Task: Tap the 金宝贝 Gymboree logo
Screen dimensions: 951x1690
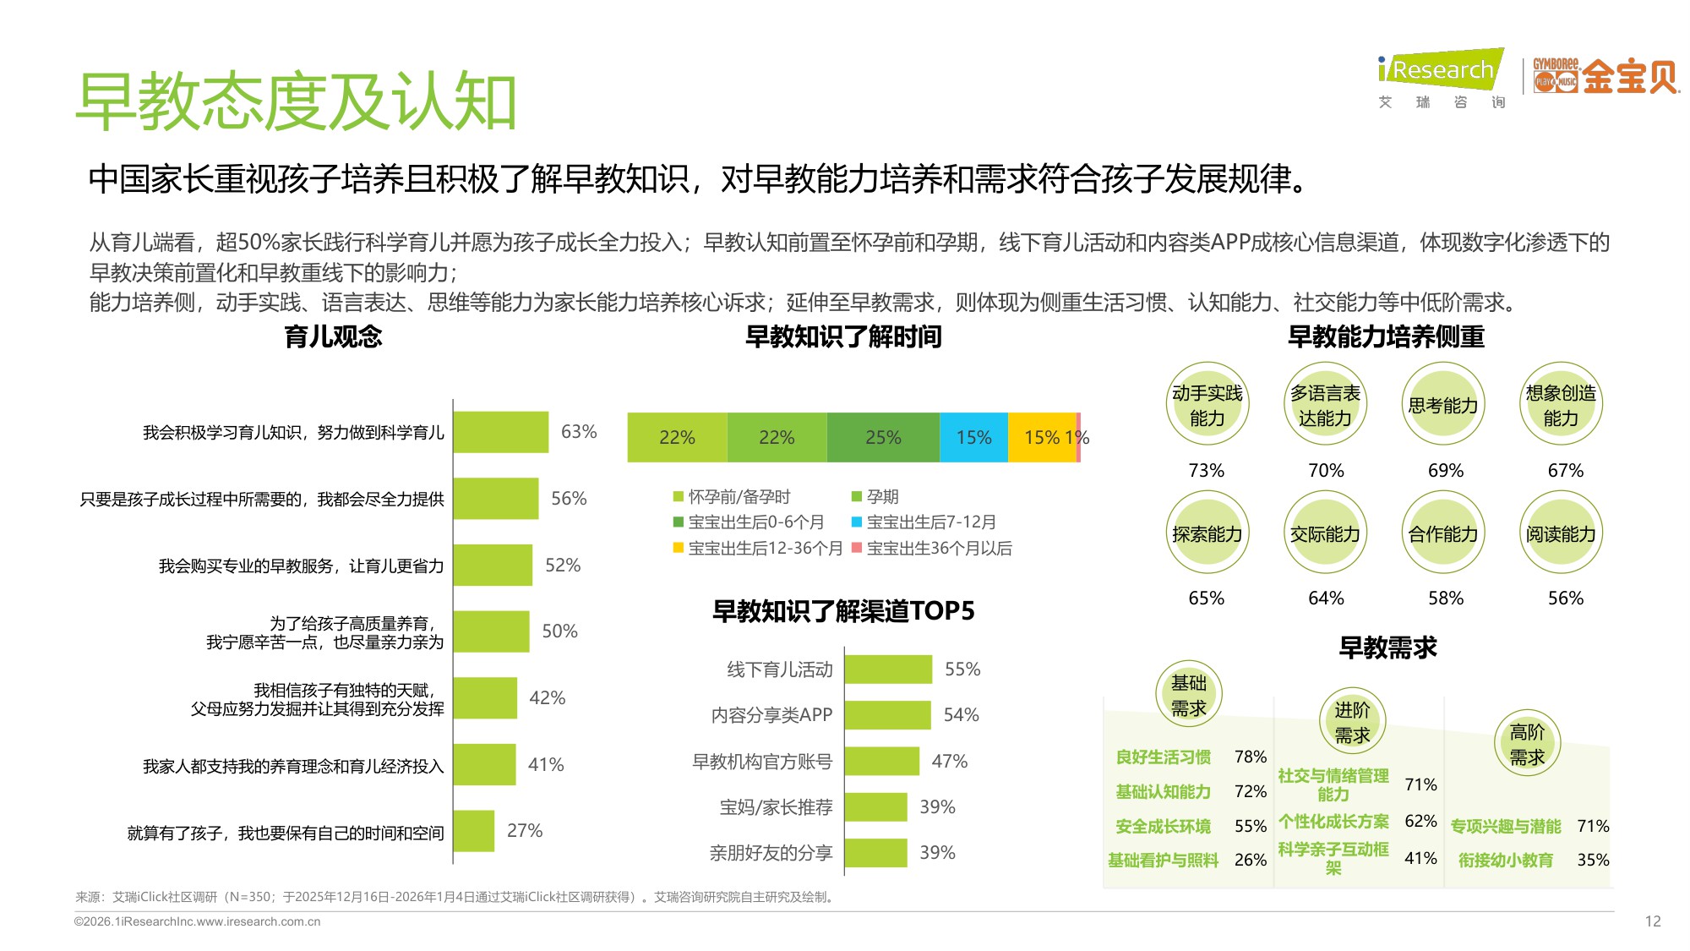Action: (1605, 76)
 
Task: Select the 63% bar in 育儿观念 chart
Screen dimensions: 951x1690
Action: (501, 432)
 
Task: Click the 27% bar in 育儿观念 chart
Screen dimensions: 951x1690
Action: (474, 831)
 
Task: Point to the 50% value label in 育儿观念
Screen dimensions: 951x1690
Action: (559, 631)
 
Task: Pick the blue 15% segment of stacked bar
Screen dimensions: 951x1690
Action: (973, 437)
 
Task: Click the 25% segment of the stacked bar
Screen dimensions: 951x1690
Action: (883, 437)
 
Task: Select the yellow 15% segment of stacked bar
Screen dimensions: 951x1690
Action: (1042, 437)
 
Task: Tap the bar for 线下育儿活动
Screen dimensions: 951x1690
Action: (888, 670)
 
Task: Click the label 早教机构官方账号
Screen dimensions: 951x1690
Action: (762, 762)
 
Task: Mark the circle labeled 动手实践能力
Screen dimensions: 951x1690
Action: (1207, 405)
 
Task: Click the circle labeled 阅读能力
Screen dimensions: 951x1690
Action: (1561, 533)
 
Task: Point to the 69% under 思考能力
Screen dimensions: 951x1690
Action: (1445, 471)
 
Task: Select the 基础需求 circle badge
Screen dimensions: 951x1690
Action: (1188, 695)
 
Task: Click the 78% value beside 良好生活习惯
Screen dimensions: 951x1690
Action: (1250, 757)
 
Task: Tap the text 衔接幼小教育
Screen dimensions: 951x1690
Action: (1506, 860)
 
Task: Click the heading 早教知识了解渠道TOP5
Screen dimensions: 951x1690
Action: (843, 610)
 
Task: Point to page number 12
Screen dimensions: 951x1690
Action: (1653, 921)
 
